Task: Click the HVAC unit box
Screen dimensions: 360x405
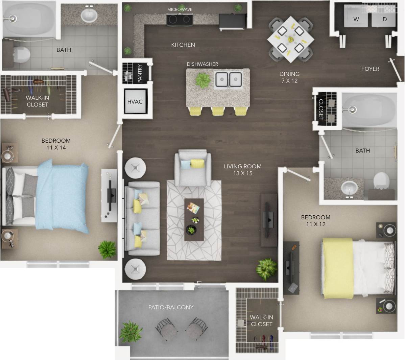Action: (x=135, y=101)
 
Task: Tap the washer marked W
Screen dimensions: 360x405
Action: (x=356, y=17)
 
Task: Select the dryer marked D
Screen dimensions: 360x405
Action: (x=384, y=17)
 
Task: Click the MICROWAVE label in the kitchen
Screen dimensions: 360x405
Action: (x=180, y=9)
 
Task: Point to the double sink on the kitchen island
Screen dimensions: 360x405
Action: (x=229, y=80)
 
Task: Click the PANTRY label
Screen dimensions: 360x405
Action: (x=140, y=73)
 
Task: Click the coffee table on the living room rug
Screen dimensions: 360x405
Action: (x=194, y=219)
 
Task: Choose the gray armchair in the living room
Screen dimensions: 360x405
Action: (x=192, y=168)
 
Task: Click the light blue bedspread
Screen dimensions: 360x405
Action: (x=63, y=196)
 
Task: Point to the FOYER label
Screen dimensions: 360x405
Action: (x=370, y=69)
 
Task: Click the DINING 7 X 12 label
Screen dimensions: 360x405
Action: (x=289, y=77)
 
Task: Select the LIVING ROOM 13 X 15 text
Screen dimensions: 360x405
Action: (x=242, y=170)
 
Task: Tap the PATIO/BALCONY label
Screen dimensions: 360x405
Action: (x=171, y=307)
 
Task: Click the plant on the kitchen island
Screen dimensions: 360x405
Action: (x=202, y=80)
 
